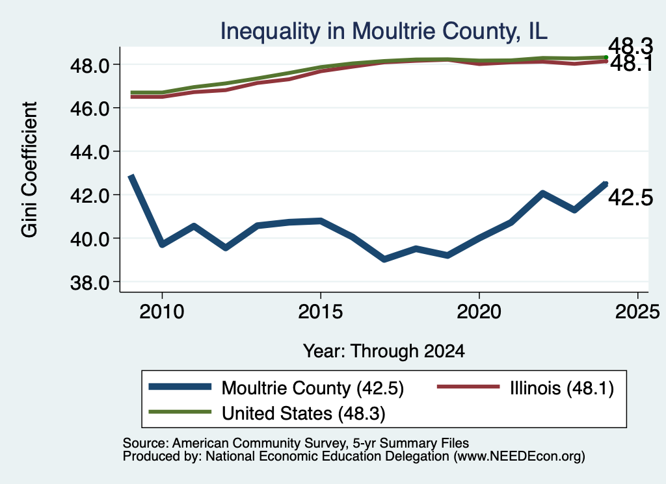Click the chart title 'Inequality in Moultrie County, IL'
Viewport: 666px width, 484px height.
pos(384,31)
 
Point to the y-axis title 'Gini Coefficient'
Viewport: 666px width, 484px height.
pos(30,170)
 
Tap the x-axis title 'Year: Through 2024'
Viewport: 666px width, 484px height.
pos(384,351)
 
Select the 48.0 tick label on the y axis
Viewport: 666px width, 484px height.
pos(90,66)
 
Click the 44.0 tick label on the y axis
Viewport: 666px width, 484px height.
pos(90,152)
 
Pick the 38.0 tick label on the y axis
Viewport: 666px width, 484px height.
pos(90,283)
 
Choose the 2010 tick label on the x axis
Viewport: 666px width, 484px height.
pos(162,312)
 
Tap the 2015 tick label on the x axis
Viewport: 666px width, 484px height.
pos(321,312)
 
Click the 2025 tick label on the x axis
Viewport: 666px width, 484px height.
pos(637,312)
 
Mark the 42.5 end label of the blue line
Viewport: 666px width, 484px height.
pos(631,197)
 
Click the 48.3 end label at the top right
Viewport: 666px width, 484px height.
pos(631,46)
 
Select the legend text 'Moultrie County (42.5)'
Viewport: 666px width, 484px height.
pos(313,388)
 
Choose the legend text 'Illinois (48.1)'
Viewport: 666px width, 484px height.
pos(562,388)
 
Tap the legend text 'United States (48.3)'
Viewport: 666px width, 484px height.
pos(303,414)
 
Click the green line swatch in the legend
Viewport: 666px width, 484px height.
pos(180,412)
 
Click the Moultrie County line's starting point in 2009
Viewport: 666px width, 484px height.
pos(131,176)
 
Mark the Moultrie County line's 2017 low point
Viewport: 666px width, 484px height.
pos(384,259)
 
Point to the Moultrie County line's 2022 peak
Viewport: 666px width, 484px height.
pos(543,194)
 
